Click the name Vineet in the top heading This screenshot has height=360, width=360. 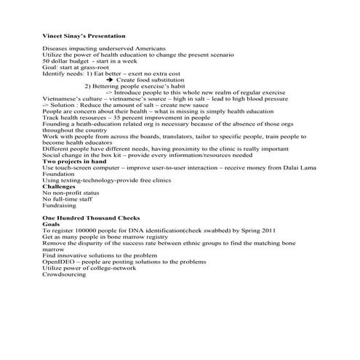[x=53, y=36]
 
